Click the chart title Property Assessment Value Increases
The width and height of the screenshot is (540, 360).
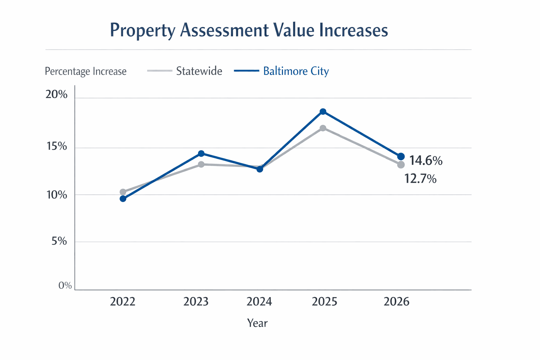pos(249,30)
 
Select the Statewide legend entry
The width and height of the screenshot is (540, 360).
pos(199,71)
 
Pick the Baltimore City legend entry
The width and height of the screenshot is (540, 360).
pos(296,71)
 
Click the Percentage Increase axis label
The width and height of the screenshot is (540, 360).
pos(85,71)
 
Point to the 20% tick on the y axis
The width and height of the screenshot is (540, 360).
pos(56,95)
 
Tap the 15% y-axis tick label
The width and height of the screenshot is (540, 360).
pos(57,146)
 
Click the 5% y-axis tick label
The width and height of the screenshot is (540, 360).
pos(59,241)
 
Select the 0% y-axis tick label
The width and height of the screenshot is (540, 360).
pos(65,285)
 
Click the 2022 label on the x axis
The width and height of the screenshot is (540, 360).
pos(123,302)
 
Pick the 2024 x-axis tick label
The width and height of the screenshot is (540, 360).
pos(259,302)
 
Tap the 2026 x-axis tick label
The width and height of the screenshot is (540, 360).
pos(397,302)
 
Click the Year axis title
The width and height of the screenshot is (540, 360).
pos(257,323)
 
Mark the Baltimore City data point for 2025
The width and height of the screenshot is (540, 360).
pos(323,112)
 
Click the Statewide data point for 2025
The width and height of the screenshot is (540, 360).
pos(323,128)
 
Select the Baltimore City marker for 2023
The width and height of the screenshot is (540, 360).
pos(201,154)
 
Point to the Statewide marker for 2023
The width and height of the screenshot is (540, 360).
pos(201,164)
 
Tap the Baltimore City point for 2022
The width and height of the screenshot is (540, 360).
pos(123,199)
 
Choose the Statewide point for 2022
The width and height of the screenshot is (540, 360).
pos(123,192)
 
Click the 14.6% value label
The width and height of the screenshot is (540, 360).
pos(426,161)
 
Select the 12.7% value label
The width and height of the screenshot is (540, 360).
pos(420,179)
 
